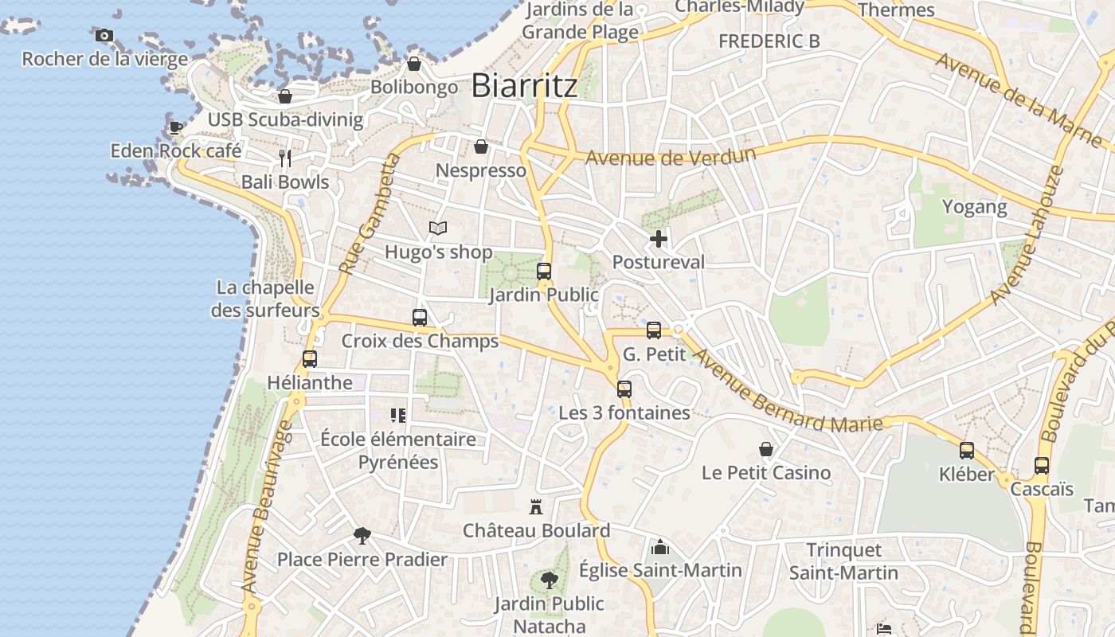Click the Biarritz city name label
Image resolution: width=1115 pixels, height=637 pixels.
pos(524,85)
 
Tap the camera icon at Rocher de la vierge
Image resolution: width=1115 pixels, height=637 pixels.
pos(104,35)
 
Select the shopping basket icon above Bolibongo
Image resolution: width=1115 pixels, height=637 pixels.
pos(414,64)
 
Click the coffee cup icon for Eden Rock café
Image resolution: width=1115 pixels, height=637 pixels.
pos(175,127)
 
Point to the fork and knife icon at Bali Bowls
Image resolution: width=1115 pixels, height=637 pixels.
pos(285,158)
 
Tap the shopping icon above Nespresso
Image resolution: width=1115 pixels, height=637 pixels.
pos(481,147)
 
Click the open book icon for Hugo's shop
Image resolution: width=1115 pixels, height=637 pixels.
pos(438,229)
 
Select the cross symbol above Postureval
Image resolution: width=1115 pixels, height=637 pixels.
pos(659,238)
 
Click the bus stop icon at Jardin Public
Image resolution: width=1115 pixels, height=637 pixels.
pos(544,272)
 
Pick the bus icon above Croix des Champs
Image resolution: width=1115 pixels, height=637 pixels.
pos(420,318)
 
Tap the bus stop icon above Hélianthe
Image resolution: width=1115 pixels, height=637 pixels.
pos(310,359)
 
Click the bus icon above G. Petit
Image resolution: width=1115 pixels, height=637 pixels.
pos(654,330)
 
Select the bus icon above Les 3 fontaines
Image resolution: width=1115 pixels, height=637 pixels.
pos(624,389)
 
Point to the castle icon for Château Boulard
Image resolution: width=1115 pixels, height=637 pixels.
pos(536,506)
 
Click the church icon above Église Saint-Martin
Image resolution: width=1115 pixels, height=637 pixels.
pos(660,547)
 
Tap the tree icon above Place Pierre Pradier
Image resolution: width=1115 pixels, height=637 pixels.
pos(362,535)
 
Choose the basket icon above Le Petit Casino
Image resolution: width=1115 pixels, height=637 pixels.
pos(766,450)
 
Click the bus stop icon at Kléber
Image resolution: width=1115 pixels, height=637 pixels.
pos(967,451)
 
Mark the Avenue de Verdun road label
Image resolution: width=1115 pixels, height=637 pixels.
pos(670,155)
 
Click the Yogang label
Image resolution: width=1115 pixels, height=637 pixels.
pos(975,207)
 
